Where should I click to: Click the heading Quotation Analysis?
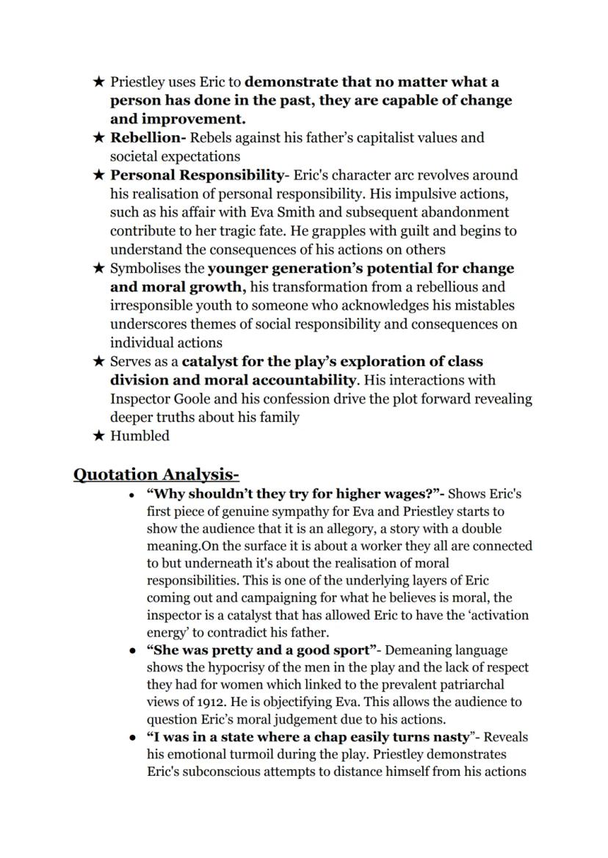[x=156, y=474]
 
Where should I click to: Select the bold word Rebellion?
[x=145, y=137]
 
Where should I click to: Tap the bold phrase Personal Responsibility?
[x=196, y=175]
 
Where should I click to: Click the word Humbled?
[x=140, y=436]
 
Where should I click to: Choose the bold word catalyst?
[x=210, y=361]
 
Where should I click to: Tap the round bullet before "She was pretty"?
[x=131, y=650]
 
